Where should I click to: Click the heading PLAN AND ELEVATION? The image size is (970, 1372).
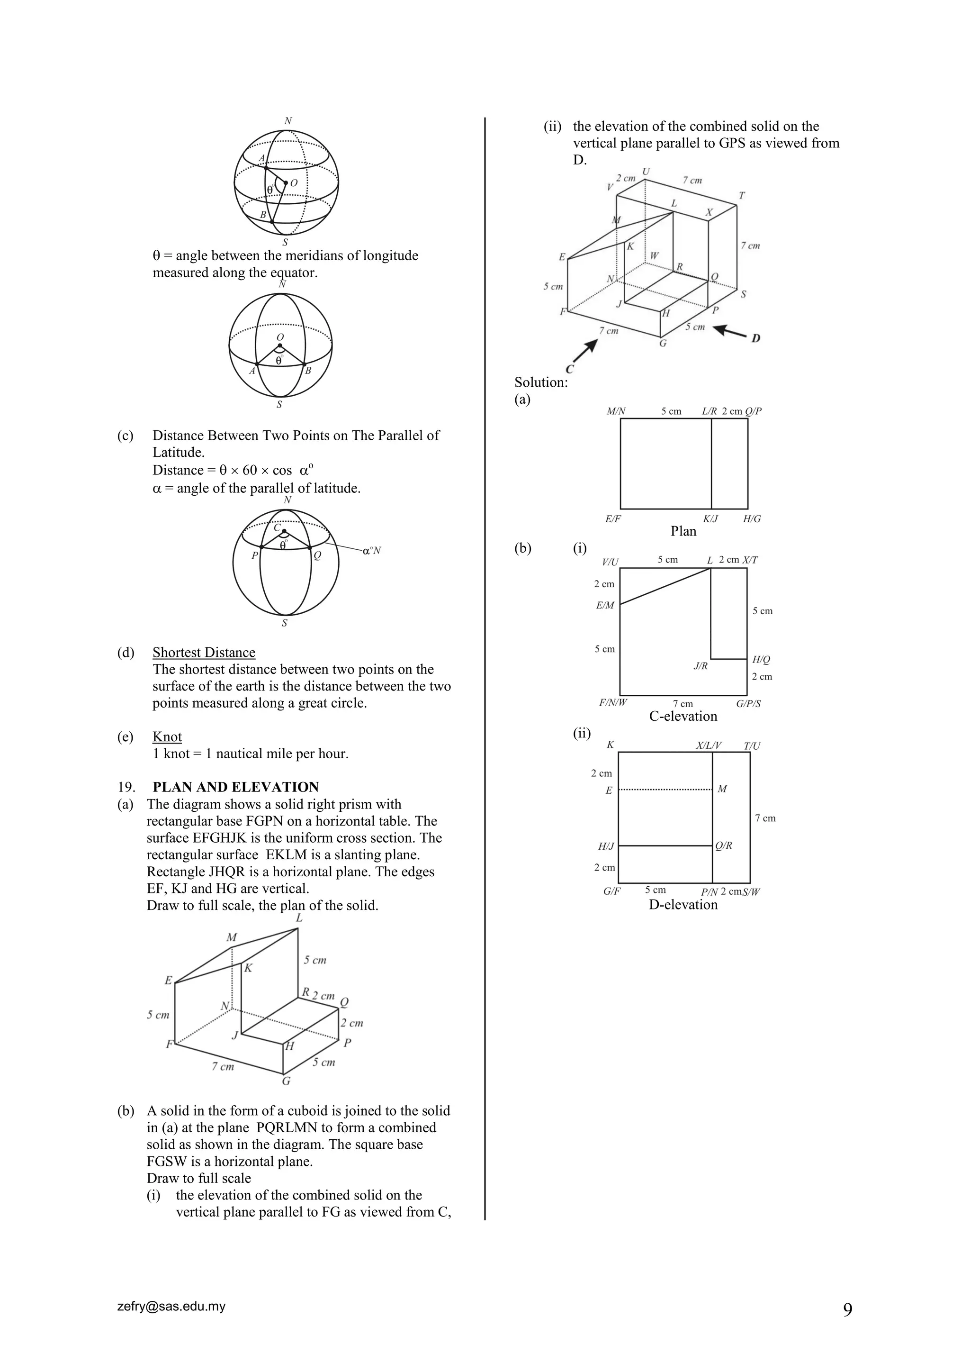point(235,787)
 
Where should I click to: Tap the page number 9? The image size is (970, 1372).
point(847,1310)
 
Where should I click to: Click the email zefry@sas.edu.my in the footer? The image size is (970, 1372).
point(171,1306)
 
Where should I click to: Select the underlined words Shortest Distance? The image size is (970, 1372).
point(204,653)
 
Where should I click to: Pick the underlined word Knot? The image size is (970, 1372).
point(167,737)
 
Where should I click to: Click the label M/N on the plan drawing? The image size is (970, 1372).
point(616,411)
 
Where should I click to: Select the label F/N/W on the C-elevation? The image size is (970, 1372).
point(613,703)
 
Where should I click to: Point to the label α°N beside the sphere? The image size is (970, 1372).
point(371,550)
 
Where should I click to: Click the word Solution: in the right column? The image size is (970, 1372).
point(540,382)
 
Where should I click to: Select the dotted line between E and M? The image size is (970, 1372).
point(665,790)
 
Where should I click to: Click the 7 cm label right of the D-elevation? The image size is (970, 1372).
point(765,818)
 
